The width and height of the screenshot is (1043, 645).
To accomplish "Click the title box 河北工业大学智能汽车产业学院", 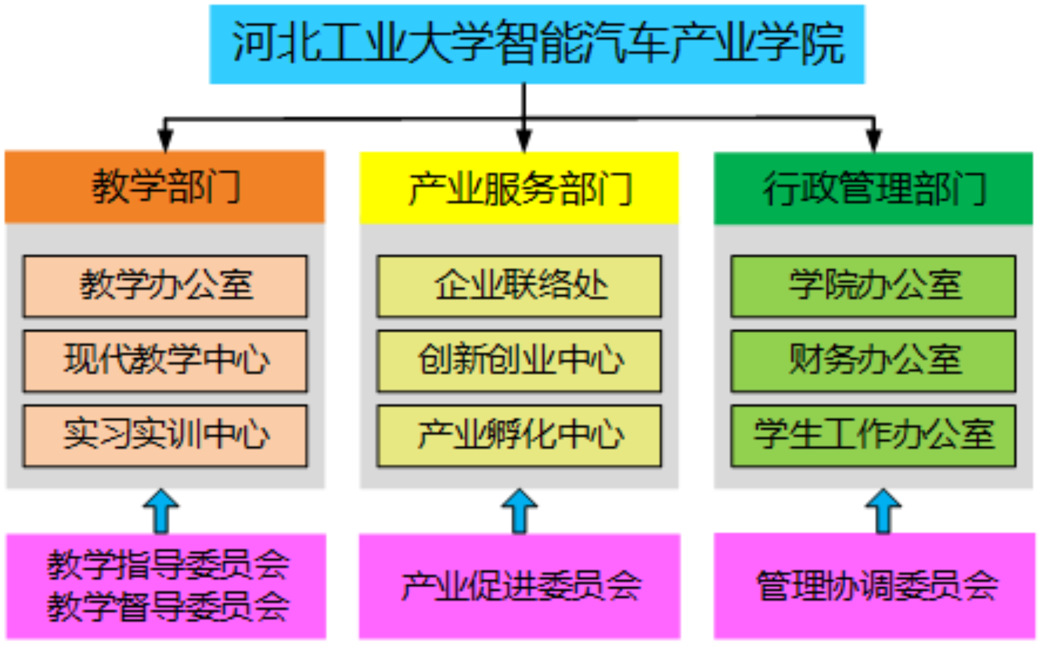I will (537, 44).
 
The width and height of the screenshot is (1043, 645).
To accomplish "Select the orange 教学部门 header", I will (166, 186).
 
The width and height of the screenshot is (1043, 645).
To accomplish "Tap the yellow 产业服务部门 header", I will (520, 188).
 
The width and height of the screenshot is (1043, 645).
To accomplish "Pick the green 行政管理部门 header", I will (874, 188).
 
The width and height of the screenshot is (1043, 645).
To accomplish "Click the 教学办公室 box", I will (166, 286).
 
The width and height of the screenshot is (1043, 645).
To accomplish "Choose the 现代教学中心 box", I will (166, 361).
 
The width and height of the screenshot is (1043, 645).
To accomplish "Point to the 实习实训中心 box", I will (166, 435).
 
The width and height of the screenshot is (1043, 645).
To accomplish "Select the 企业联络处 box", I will (519, 286).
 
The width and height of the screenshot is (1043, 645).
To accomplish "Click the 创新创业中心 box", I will (519, 361).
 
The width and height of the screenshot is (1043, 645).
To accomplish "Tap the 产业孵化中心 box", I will (519, 435).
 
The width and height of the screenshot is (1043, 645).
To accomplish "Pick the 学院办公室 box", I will (874, 286).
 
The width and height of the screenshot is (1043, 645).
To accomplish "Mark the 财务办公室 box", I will (874, 361).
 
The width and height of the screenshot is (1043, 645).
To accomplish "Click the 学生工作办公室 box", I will (874, 435).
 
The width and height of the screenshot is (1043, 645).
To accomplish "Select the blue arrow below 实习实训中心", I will (161, 511).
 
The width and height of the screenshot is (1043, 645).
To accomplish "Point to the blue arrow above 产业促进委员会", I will (519, 511).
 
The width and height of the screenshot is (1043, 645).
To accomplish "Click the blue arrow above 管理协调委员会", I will (883, 511).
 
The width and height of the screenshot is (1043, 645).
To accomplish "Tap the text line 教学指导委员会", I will (167, 564).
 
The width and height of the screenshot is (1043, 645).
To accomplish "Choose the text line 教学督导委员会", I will (167, 606).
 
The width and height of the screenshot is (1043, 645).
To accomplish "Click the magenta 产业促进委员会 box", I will (519, 586).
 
